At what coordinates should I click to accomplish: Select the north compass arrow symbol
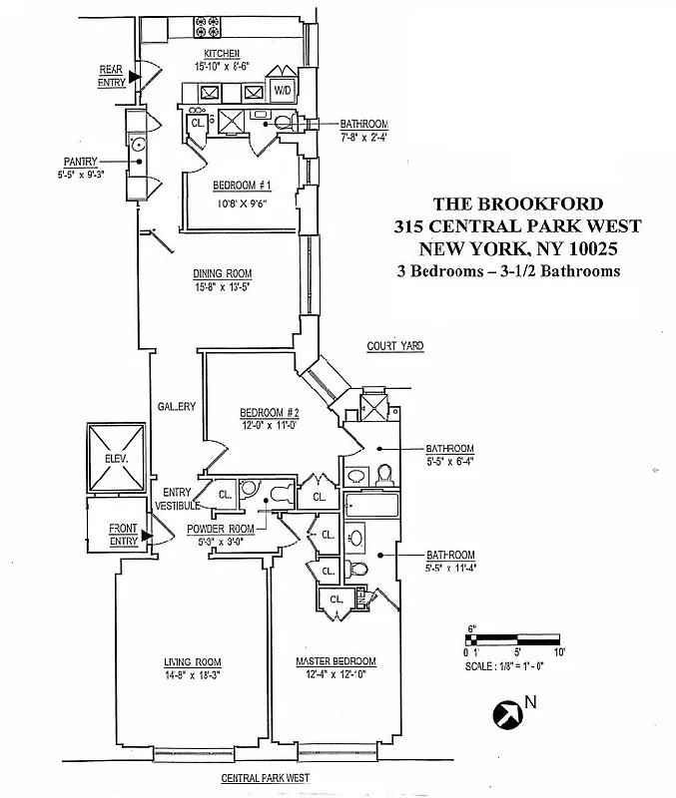point(507,713)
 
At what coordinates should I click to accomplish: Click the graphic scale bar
point(516,639)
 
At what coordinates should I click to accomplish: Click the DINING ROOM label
point(222,274)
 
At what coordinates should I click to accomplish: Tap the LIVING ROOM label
point(193,662)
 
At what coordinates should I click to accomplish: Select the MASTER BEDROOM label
point(336,662)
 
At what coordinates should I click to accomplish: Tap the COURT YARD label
point(394,346)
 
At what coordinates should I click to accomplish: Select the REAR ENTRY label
point(110,76)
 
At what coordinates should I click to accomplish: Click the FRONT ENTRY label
point(124,536)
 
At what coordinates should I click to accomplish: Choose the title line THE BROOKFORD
point(517,203)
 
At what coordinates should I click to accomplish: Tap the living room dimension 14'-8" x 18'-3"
point(193,675)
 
